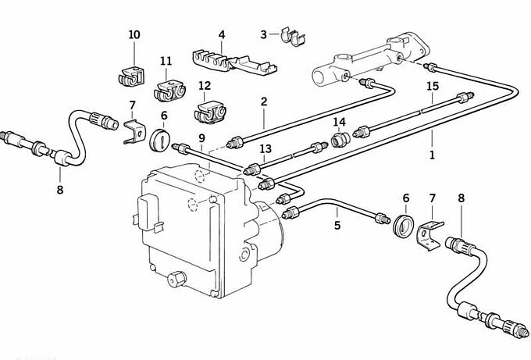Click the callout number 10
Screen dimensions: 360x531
pos(134,35)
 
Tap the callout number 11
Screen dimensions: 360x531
pos(166,62)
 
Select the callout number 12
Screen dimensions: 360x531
pos(204,87)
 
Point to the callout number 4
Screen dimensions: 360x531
pos(222,35)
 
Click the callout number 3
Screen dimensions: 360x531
pos(264,34)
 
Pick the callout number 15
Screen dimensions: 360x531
pos(433,86)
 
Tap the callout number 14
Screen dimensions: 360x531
pos(339,123)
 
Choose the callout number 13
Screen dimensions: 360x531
pos(265,148)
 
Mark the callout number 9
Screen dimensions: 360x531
pos(201,138)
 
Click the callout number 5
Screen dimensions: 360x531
pos(337,225)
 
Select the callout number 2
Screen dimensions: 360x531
pos(264,102)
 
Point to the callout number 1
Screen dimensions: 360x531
pos(431,155)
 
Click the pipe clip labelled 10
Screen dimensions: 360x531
pos(133,77)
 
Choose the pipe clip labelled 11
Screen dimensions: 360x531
pos(170,91)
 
